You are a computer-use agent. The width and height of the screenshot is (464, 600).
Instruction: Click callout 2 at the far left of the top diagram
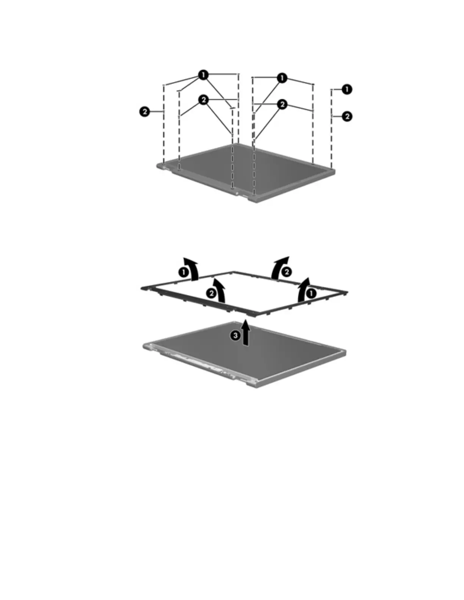coord(144,112)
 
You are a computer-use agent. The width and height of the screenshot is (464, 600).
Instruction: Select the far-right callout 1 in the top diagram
coord(346,89)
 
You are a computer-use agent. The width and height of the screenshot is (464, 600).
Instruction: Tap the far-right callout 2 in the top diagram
coord(346,116)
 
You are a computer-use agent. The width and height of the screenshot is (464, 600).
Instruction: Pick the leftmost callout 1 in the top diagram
coord(204,75)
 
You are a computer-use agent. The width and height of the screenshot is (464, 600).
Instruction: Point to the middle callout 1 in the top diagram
coord(282,78)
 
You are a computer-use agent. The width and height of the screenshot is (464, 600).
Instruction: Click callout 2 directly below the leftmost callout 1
coord(204,100)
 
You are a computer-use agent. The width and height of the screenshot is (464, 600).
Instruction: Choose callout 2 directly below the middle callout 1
coord(282,104)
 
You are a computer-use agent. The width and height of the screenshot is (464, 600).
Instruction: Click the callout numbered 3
coord(236,335)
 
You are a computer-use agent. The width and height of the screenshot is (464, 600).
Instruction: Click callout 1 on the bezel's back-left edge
coord(183,272)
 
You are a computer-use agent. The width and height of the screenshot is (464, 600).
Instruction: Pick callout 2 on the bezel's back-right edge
coord(287,271)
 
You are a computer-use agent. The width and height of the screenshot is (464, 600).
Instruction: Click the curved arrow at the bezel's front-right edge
coord(303,289)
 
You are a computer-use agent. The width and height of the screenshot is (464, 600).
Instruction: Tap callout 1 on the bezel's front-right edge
coord(311,293)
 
